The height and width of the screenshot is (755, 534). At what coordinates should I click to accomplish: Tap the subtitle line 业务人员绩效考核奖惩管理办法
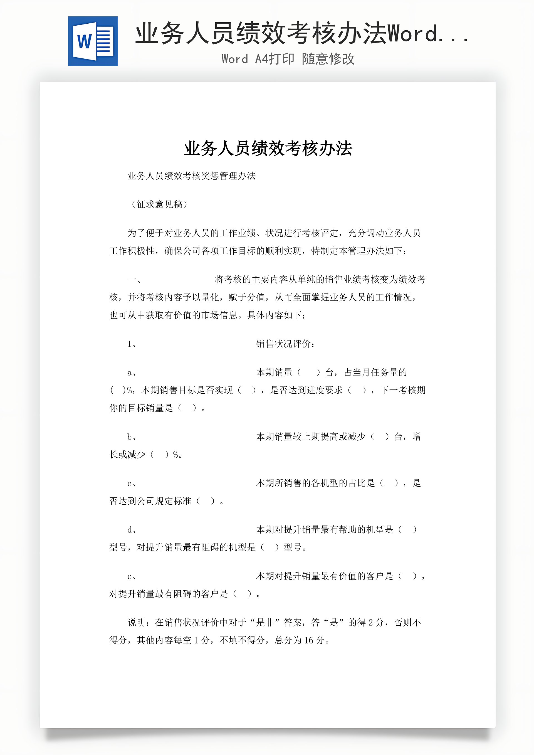191,176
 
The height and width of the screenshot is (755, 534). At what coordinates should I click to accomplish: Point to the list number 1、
132,344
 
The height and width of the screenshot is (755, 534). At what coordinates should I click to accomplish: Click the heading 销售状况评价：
285,344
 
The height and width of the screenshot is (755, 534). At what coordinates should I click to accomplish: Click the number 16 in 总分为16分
309,640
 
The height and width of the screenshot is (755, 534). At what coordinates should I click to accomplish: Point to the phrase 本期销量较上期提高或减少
311,437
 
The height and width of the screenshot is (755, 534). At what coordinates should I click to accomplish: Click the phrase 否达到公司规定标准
150,501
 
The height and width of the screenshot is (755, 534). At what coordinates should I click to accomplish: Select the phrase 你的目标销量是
141,408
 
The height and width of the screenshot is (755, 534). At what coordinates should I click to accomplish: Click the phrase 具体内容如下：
276,315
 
